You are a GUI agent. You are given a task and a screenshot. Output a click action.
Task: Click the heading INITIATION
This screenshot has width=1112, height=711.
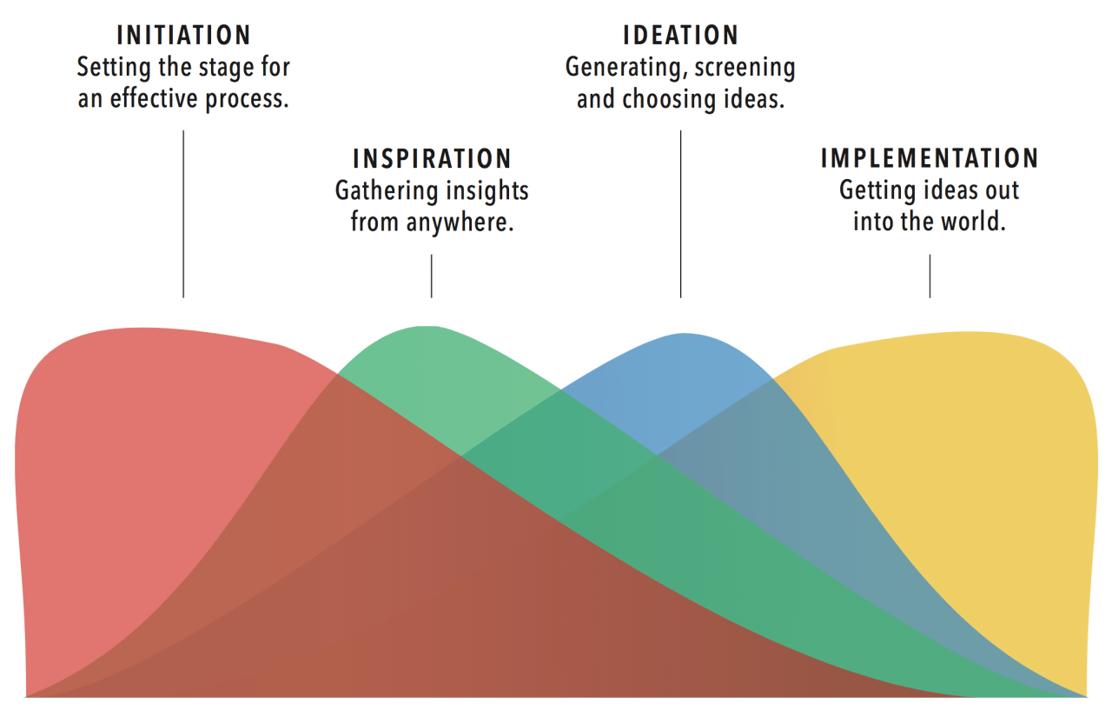[183, 36]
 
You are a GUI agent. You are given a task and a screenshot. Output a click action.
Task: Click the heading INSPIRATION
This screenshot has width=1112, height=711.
[432, 159]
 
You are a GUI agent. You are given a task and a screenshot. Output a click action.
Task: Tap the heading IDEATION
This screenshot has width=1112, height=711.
[680, 36]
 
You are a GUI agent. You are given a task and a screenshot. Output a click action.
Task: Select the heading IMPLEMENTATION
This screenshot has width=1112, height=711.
[930, 158]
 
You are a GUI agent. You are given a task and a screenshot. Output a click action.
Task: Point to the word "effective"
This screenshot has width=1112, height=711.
[154, 99]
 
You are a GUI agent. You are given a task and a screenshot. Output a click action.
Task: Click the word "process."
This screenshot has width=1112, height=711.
[247, 100]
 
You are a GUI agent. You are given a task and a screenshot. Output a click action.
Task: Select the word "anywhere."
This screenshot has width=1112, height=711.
[460, 223]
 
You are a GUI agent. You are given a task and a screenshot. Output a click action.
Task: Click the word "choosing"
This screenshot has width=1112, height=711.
[669, 100]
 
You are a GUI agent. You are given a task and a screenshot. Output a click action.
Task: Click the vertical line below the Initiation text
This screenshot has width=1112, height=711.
[183, 214]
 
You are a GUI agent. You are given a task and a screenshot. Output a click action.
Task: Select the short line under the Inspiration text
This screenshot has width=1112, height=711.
[432, 276]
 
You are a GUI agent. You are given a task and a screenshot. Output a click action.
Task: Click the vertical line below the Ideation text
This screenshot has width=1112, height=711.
[680, 214]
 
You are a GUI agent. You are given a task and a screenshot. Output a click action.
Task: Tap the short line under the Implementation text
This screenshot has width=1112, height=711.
[930, 276]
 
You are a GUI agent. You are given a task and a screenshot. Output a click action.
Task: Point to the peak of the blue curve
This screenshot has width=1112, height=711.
[684, 334]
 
